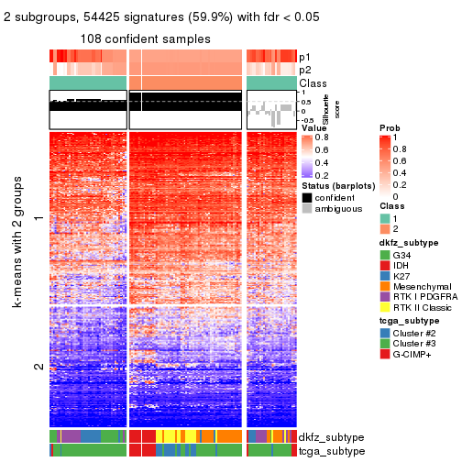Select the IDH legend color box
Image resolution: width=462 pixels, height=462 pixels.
(x=384, y=264)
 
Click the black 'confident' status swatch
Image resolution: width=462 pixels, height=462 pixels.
(x=306, y=197)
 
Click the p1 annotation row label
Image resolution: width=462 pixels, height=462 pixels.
(x=305, y=56)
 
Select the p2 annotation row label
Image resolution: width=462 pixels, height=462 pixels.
(x=305, y=69)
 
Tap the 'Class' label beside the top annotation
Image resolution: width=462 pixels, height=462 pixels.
(x=313, y=83)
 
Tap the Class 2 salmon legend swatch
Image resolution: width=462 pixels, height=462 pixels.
(x=384, y=229)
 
